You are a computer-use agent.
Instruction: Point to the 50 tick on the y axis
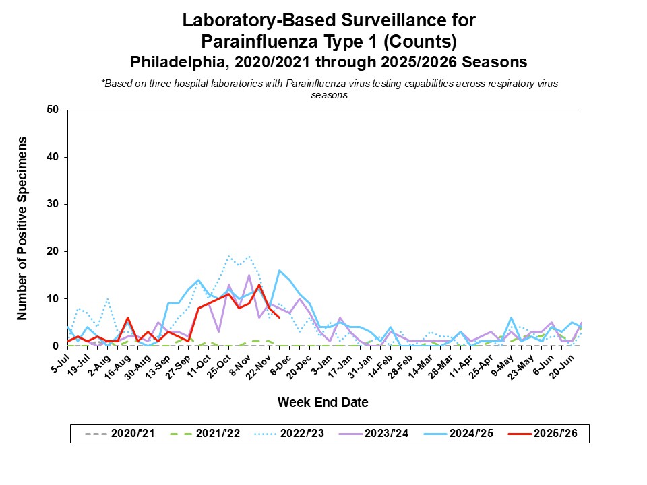pos(53,110)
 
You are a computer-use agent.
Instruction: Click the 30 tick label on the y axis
pos(53,204)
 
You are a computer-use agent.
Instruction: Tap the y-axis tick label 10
pos(53,298)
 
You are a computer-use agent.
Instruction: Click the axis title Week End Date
pos(323,403)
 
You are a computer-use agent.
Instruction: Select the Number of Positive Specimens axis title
pos(22,228)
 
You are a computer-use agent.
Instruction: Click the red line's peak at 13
pos(259,284)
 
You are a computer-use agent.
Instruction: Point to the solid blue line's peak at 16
pos(279,270)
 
